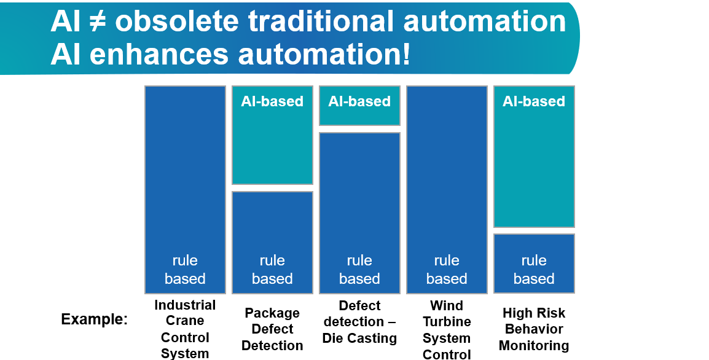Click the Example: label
(94, 319)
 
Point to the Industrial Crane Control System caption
(185, 329)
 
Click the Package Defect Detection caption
(272, 329)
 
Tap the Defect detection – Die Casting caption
(359, 322)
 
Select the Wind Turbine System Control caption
(447, 329)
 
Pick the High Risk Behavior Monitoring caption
(534, 329)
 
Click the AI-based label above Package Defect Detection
(272, 101)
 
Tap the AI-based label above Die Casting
(359, 101)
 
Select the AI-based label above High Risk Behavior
(534, 101)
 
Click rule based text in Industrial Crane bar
(185, 270)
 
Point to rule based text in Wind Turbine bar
(447, 270)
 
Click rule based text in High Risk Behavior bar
(534, 270)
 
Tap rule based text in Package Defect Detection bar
(272, 270)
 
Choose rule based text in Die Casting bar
(359, 270)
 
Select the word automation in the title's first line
(485, 22)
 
